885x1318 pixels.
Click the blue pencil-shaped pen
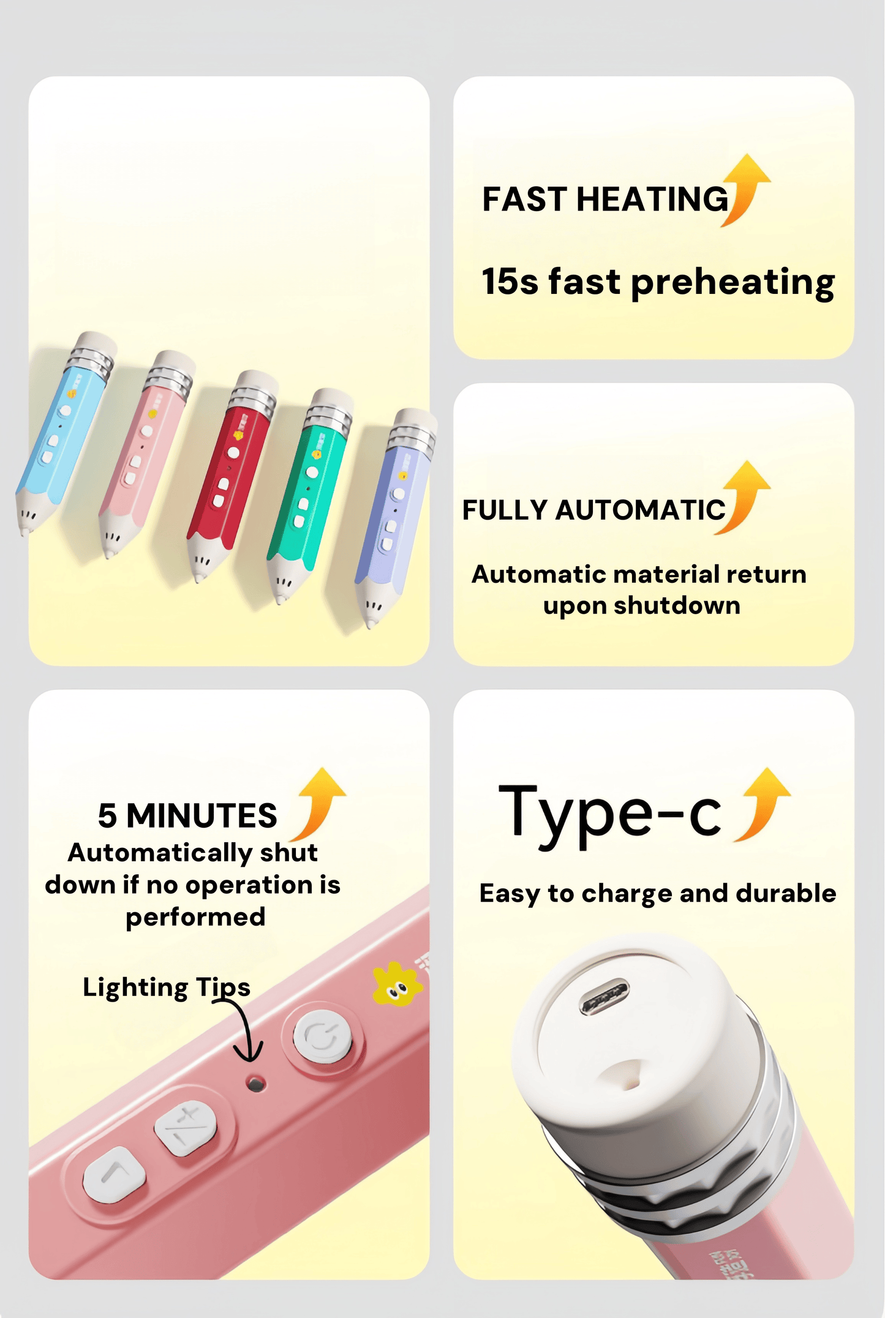[64, 432]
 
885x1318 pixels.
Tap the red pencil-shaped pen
[232, 474]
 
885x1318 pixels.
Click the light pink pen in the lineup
[147, 453]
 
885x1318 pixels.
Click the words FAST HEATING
[605, 200]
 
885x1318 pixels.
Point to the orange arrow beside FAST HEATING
[745, 190]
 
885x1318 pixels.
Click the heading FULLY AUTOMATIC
[593, 510]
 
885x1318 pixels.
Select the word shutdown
[677, 605]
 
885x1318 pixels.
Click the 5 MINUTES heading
[187, 816]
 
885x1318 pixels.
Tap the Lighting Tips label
[167, 987]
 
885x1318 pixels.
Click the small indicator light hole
[255, 1084]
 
